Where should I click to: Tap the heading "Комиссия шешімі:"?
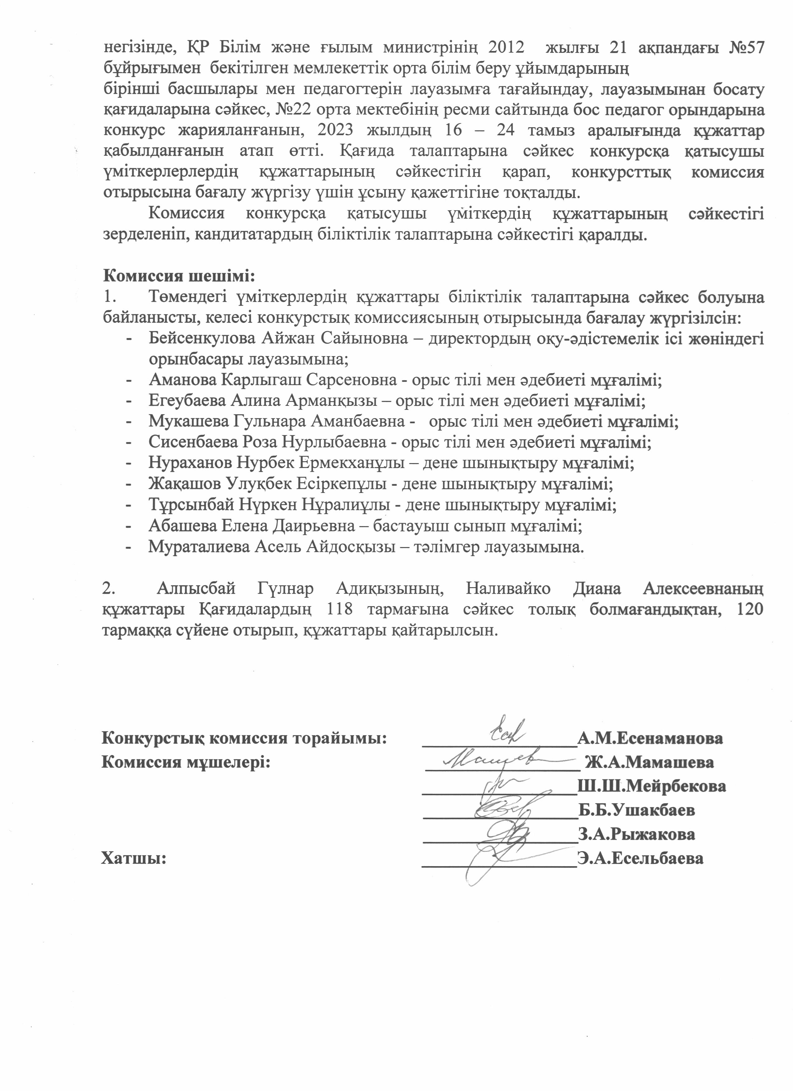point(179,276)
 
